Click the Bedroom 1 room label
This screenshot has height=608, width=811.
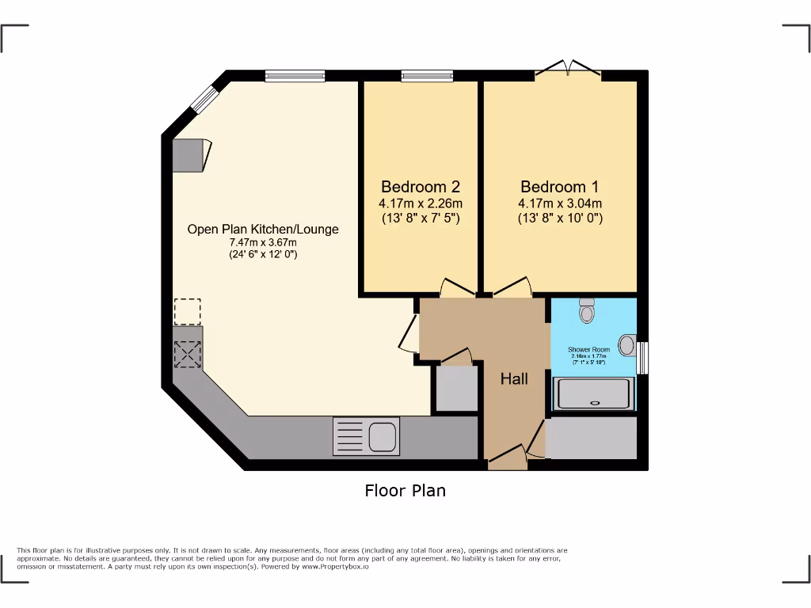(x=560, y=188)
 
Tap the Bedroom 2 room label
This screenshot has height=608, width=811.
(x=420, y=188)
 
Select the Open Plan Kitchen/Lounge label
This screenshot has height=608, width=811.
(x=262, y=230)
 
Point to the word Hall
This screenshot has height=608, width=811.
(x=514, y=379)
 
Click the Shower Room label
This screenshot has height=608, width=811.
(x=588, y=349)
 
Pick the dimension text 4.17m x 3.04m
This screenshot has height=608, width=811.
(x=560, y=203)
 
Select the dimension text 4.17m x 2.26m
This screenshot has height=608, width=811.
(x=420, y=203)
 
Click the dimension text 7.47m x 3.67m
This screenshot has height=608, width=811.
(x=262, y=242)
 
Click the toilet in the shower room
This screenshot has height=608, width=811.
(x=587, y=310)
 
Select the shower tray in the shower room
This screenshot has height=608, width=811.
(x=593, y=393)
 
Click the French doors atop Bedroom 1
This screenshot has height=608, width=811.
(x=568, y=70)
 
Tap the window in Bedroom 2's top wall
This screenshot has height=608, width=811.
(x=427, y=76)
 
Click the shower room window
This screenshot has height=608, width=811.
(x=642, y=357)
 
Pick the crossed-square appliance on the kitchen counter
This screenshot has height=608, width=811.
(x=188, y=353)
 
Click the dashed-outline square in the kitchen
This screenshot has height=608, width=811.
(x=188, y=312)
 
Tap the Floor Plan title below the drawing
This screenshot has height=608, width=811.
(x=405, y=491)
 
